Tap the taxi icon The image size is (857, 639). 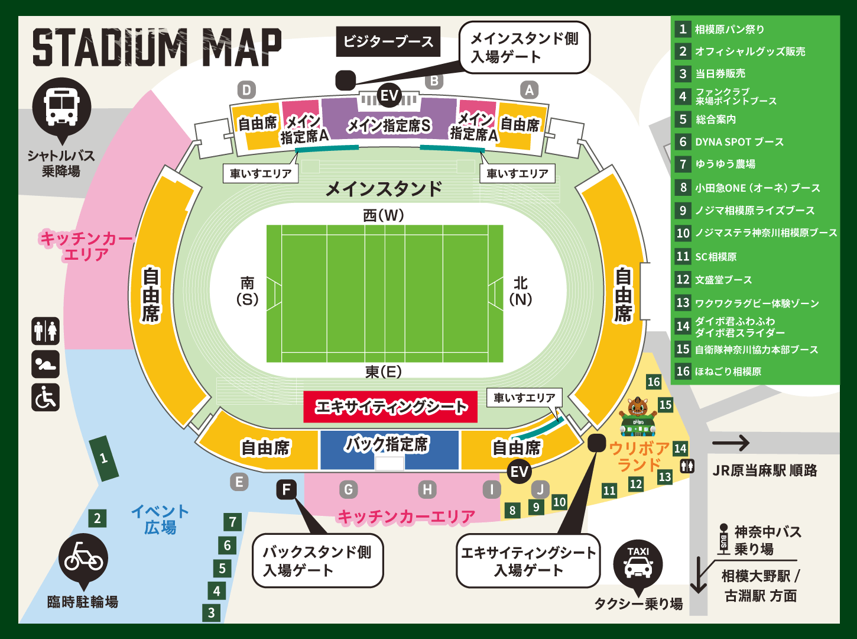[638, 563]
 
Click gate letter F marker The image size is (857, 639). [287, 489]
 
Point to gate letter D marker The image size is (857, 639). [246, 90]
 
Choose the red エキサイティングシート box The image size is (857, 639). [390, 406]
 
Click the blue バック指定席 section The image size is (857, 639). [389, 448]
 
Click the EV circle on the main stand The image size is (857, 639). [389, 95]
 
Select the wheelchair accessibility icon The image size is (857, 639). [46, 397]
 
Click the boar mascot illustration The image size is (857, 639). [638, 414]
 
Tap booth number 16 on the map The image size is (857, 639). [653, 382]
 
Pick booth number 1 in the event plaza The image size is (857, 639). [104, 458]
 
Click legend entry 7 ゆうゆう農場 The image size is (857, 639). [725, 164]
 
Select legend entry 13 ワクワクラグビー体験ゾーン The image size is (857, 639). [757, 303]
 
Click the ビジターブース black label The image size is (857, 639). [388, 41]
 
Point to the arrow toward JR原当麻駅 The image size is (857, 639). [731, 443]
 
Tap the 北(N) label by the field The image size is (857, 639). [521, 291]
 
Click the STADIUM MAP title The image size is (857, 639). [157, 47]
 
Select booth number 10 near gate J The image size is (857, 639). [559, 502]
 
